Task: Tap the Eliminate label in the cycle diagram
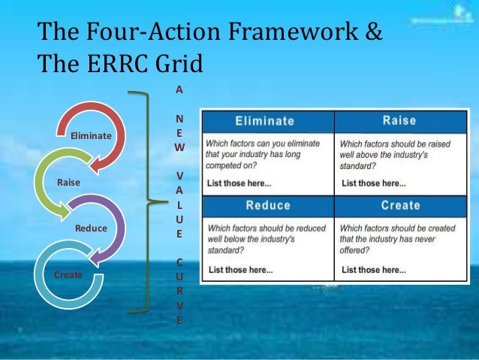pos(90,135)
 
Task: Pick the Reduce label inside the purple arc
pos(91,228)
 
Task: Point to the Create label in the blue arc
pos(68,275)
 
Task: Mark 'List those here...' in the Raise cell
pos(373,183)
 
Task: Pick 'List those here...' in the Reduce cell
pos(240,269)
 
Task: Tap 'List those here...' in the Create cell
pos(373,269)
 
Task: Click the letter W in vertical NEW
pos(178,148)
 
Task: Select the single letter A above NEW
pos(178,89)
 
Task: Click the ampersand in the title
pos(373,33)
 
